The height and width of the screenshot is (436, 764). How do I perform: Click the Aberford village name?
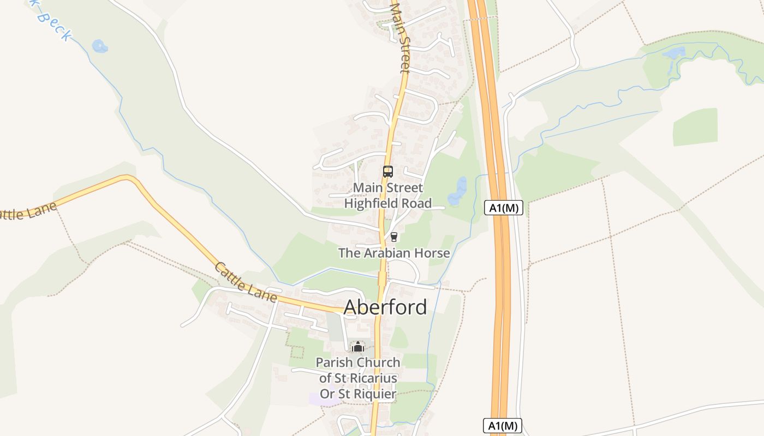pyautogui.click(x=385, y=307)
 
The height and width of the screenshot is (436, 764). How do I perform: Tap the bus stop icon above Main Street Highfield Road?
pyautogui.click(x=387, y=172)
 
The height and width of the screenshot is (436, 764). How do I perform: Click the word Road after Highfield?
pyautogui.click(x=418, y=204)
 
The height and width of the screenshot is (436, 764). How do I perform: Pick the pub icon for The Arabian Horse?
pyautogui.click(x=393, y=237)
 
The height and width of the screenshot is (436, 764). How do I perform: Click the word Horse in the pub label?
pyautogui.click(x=431, y=253)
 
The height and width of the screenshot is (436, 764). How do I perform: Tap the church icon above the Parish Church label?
pyautogui.click(x=357, y=347)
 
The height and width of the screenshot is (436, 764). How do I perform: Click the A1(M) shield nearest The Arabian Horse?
pyautogui.click(x=503, y=208)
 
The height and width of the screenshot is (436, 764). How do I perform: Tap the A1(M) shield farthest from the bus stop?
pyautogui.click(x=502, y=426)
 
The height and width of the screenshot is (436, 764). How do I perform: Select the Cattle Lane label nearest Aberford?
pyautogui.click(x=246, y=282)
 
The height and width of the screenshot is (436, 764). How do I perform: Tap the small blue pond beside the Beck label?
pyautogui.click(x=100, y=46)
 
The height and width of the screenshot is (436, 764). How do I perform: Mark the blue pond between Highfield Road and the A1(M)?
pyautogui.click(x=457, y=191)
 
